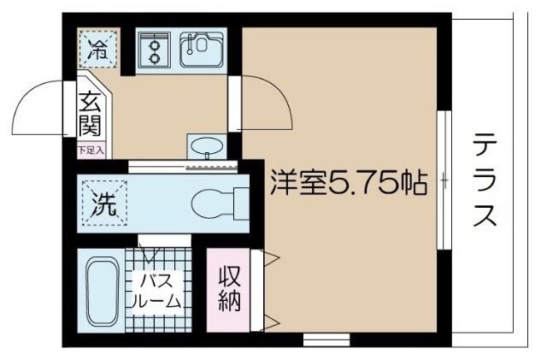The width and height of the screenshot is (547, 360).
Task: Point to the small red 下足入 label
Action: (x=91, y=150)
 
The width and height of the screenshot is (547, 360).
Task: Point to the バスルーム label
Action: (x=155, y=291)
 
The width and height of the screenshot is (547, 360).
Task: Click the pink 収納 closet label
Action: (x=227, y=289)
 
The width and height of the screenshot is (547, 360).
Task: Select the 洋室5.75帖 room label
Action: (x=349, y=185)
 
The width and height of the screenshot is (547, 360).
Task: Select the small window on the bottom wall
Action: (x=326, y=339)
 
